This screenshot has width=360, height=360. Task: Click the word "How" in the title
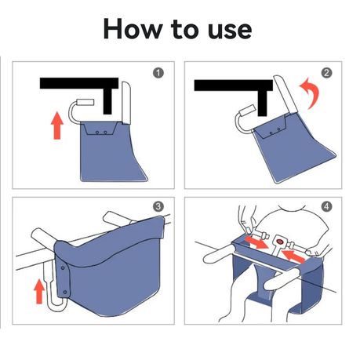133,28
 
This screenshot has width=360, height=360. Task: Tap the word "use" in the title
230,31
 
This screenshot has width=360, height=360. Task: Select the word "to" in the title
185,29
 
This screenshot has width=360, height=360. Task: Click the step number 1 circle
158,73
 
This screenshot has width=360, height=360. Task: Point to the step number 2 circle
326,73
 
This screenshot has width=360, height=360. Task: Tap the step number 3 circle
158,207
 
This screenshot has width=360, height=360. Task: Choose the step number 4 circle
326,207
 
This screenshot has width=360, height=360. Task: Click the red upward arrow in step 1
57,125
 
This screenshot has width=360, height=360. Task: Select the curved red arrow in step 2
311,93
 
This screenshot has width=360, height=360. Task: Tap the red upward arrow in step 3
39,292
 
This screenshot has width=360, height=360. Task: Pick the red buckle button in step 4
280,241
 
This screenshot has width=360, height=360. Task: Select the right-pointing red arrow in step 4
256,242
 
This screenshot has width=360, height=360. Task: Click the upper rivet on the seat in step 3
63,267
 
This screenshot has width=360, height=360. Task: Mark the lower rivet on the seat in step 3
65,292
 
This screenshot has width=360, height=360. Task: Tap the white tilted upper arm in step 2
285,95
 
